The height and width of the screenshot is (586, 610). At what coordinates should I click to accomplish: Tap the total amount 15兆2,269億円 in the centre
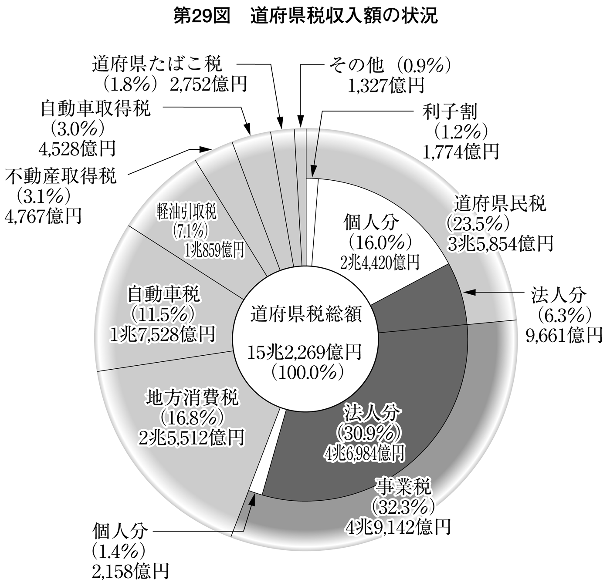305,354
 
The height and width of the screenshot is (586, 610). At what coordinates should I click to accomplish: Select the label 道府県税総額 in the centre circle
306,315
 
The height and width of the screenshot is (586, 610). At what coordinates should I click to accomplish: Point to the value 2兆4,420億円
380,262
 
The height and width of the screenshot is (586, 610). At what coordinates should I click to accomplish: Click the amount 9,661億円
564,335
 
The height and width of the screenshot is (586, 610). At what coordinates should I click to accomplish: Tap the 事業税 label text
404,485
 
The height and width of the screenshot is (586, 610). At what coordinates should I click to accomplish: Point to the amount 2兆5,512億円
192,438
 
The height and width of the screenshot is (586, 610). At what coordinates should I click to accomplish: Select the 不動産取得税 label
61,176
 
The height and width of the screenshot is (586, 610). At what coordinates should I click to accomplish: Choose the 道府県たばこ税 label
157,64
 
